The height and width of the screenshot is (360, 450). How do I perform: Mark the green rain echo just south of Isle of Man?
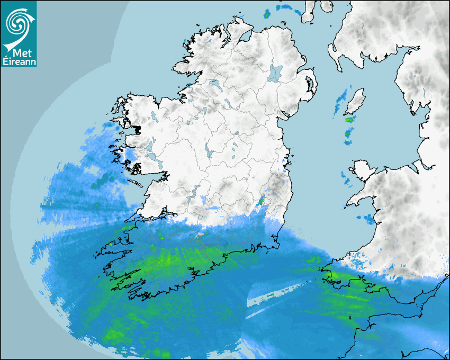click(x=348, y=120)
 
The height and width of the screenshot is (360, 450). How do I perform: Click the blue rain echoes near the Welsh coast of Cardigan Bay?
click(x=368, y=217)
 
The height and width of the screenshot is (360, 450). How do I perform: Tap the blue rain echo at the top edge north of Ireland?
click(x=286, y=7)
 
